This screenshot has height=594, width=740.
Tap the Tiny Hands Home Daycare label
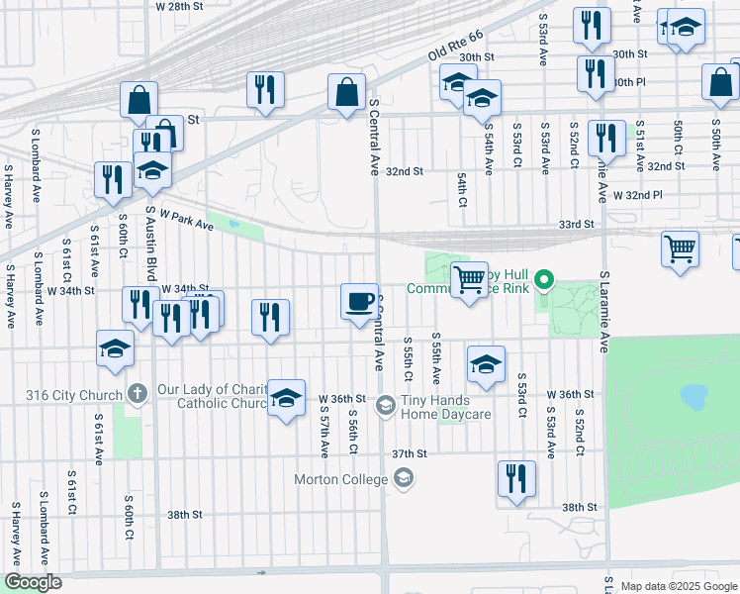click(x=445, y=407)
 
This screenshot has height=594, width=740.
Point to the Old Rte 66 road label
click(x=455, y=48)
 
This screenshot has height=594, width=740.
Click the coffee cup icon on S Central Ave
click(x=359, y=300)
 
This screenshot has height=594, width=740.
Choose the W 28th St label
click(x=180, y=6)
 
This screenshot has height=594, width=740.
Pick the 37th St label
click(x=408, y=453)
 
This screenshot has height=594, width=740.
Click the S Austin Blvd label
click(x=152, y=245)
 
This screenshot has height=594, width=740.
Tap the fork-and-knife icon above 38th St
click(x=515, y=478)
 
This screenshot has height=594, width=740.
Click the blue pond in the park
click(x=694, y=397)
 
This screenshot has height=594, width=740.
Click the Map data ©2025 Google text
click(x=679, y=586)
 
